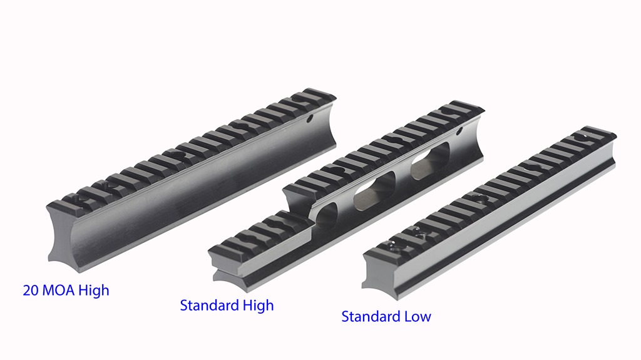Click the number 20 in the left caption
point(31,291)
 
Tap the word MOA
point(59,291)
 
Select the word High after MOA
point(94,291)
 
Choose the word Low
point(418,317)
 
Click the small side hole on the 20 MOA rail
point(310,118)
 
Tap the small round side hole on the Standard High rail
point(459,131)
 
